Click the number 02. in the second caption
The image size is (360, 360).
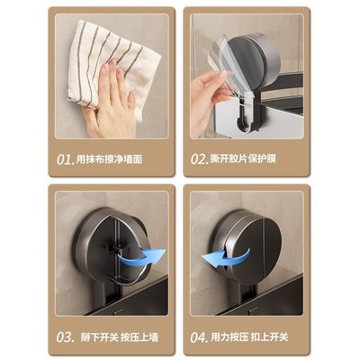(200, 159)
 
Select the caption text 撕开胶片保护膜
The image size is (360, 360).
(246, 159)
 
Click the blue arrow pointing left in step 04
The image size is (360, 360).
(218, 260)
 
